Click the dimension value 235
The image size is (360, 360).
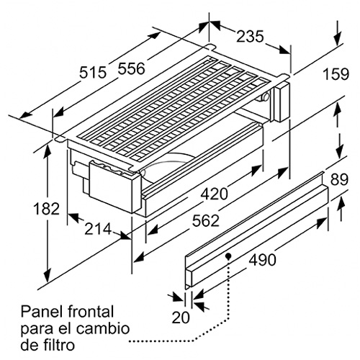[x=250, y=37]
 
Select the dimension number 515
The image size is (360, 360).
[x=93, y=72]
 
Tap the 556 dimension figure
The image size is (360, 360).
[x=132, y=68]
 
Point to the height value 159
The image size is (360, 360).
[x=336, y=74]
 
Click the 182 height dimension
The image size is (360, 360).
[x=46, y=208]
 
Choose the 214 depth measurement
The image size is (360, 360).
[x=98, y=229]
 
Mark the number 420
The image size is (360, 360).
[x=214, y=194]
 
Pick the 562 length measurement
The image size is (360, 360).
[x=206, y=220]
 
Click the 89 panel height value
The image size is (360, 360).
[x=339, y=179]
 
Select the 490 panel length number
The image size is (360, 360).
[x=262, y=260]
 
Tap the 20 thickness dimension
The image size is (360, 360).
[x=181, y=318]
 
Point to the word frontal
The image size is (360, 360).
[x=91, y=311]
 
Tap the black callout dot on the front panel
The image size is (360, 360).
[x=228, y=256]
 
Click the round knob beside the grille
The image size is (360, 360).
[x=266, y=96]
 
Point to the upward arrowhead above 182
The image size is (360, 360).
[x=48, y=152]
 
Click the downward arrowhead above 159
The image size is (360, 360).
[x=338, y=38]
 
